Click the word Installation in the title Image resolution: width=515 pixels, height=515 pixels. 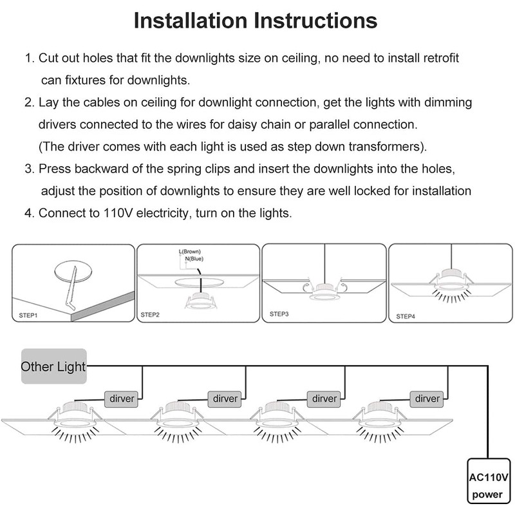(x=191, y=21)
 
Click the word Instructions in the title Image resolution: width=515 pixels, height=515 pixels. (x=316, y=21)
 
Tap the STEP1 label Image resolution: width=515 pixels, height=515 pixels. (x=28, y=315)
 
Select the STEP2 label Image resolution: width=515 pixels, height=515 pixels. (x=150, y=315)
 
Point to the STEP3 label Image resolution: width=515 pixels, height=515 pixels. (x=279, y=314)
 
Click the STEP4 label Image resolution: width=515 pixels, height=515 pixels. (x=406, y=316)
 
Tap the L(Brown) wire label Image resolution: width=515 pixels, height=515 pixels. (x=189, y=252)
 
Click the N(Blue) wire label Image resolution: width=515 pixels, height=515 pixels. (x=194, y=259)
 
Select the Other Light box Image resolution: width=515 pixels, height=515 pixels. (x=54, y=366)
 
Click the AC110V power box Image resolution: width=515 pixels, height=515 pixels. (x=489, y=481)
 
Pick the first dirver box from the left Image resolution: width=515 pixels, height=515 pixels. (x=122, y=398)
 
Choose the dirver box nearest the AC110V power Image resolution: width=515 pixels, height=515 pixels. (x=427, y=398)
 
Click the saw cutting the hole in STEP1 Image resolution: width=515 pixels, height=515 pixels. (x=71, y=287)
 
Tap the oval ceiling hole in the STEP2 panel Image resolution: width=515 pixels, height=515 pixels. (x=199, y=282)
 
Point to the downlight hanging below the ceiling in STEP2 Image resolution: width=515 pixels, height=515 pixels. (x=200, y=300)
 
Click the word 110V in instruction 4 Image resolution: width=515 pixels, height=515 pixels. (x=118, y=213)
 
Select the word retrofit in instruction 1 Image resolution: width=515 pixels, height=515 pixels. (x=441, y=58)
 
